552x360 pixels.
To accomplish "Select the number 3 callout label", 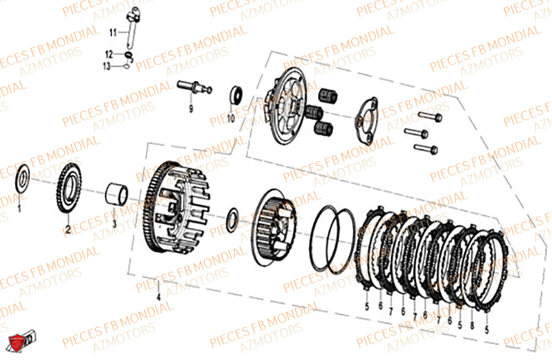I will pos(115,224).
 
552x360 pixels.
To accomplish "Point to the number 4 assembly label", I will pos(158,297).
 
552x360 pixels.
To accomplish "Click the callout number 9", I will pos(190,109).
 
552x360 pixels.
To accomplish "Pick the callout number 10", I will pos(230,118).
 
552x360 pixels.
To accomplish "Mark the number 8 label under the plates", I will pos(472,326).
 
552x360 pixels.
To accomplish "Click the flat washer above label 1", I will pos(23,177).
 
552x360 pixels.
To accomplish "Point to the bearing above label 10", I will pos(236,94).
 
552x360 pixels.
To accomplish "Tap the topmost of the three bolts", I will pos(429,117).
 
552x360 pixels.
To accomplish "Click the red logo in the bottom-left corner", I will pos(17,343).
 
